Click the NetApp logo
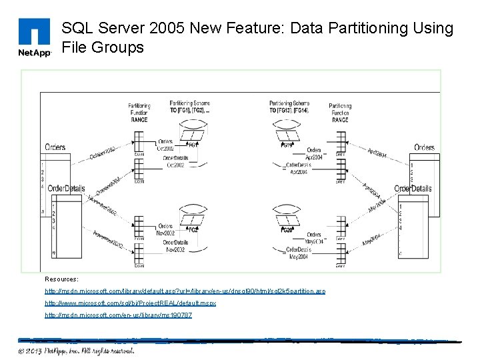click(x=34, y=38)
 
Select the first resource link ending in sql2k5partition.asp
click(x=185, y=291)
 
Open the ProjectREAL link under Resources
click(x=131, y=303)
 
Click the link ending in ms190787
click(x=118, y=314)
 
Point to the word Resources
click(x=61, y=279)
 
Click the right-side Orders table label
click(x=424, y=147)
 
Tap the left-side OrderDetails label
click(x=67, y=189)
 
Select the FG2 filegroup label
click(x=193, y=229)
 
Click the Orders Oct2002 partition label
click(x=165, y=145)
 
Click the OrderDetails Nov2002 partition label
click(x=175, y=245)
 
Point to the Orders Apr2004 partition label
click(x=313, y=153)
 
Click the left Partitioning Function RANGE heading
click(x=139, y=113)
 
